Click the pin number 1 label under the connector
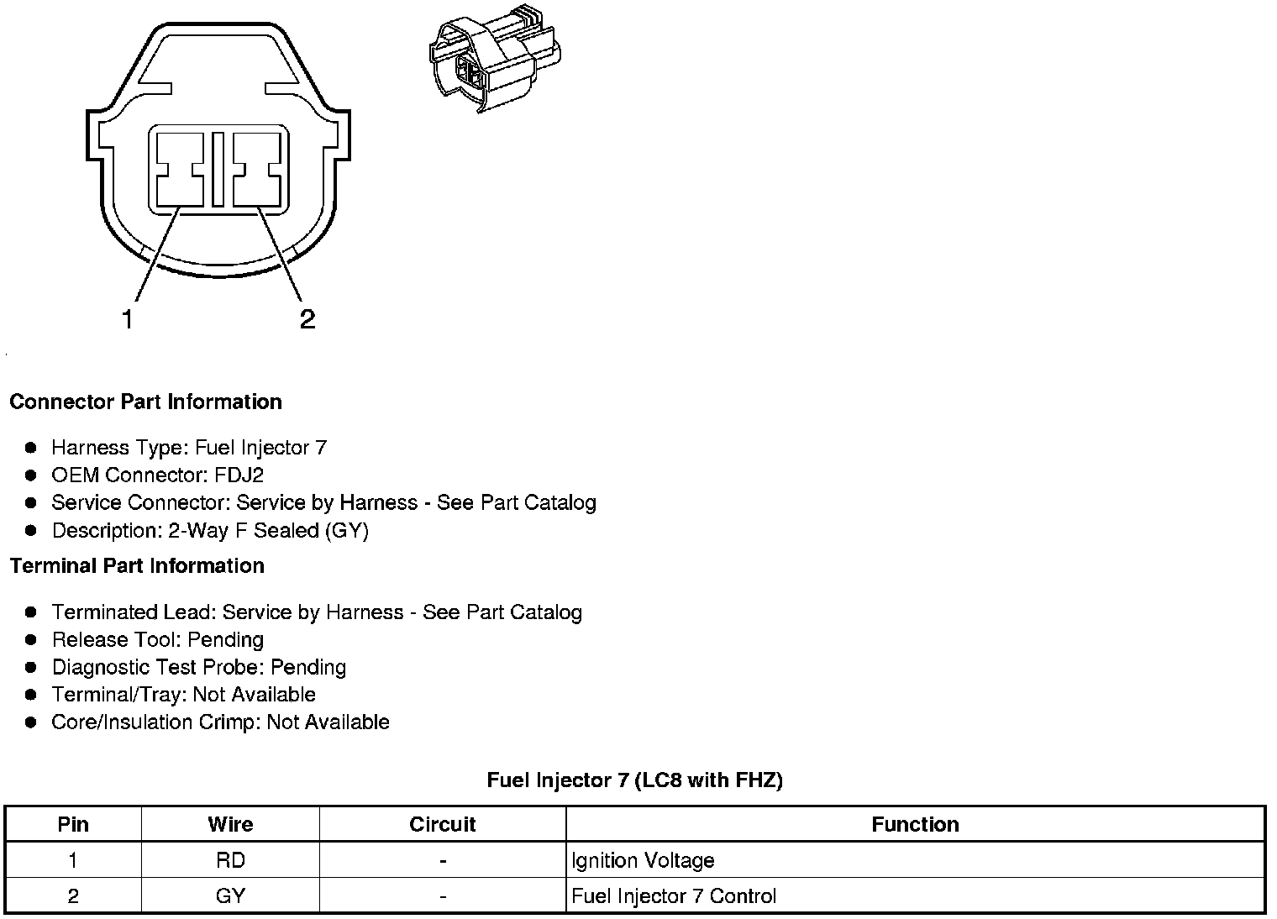[128, 319]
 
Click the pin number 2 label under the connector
[307, 319]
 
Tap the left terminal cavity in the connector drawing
[180, 169]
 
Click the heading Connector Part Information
[145, 402]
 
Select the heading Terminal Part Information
[137, 565]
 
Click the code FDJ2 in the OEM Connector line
[239, 475]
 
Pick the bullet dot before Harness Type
[31, 448]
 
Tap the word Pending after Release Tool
[225, 640]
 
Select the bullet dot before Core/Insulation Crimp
[31, 722]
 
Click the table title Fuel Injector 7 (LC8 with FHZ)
[634, 780]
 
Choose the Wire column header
[230, 824]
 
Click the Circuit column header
[442, 824]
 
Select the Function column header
[915, 824]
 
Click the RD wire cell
[230, 860]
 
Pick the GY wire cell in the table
[230, 896]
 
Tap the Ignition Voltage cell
[643, 860]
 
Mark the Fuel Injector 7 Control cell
[674, 896]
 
